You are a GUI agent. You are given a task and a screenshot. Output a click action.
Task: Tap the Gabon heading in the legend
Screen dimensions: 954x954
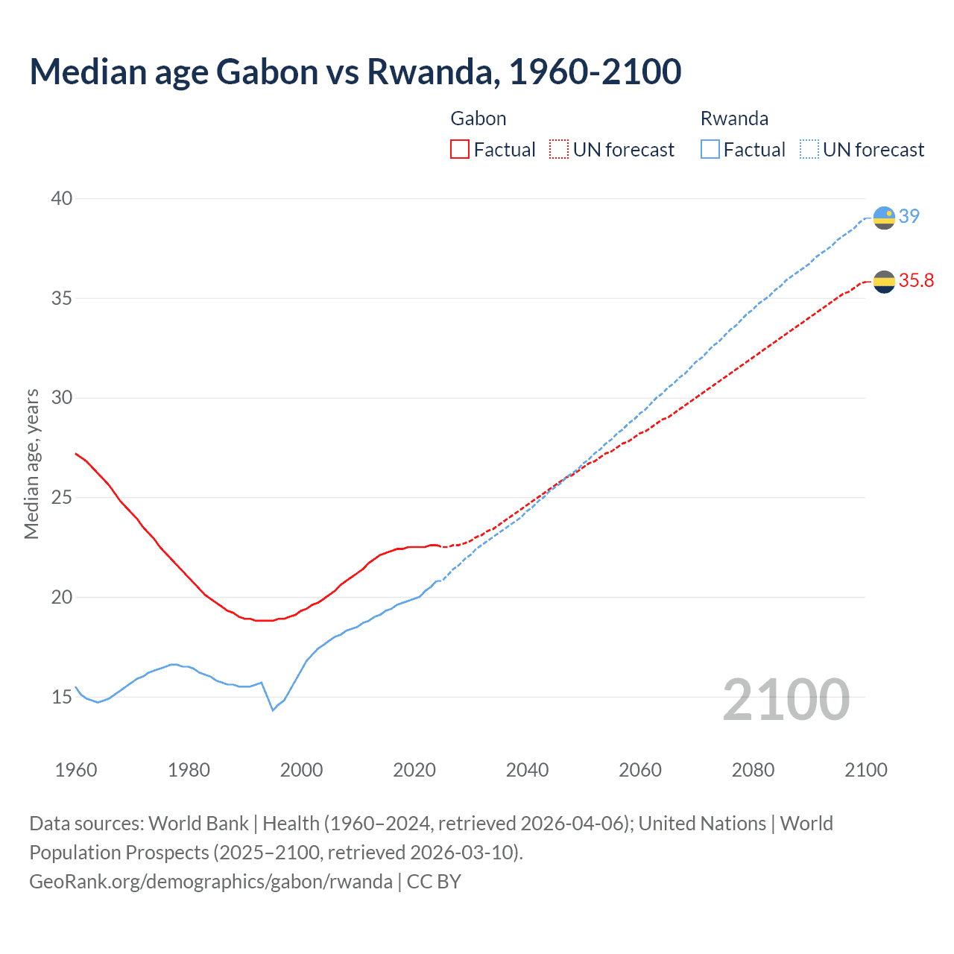[x=478, y=119]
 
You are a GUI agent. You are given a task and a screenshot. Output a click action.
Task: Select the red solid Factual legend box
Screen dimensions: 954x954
[x=460, y=150]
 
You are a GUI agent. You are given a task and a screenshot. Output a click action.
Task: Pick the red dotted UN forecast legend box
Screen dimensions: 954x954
[x=559, y=150]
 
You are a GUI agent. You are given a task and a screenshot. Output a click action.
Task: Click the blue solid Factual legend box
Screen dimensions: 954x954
[x=710, y=150]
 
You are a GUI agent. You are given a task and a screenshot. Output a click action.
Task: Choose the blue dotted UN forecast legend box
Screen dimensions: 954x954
[x=809, y=150]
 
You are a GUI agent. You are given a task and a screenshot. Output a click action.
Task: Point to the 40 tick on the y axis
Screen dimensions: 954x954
[x=62, y=198]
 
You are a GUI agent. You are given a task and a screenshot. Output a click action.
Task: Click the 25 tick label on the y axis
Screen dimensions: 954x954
[x=62, y=497]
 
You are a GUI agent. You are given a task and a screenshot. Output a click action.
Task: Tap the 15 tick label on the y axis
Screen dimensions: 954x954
[x=62, y=697]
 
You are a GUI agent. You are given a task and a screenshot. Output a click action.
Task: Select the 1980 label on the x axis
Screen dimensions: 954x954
[x=189, y=770]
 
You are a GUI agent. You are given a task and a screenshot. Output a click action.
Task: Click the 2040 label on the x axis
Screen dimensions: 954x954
[x=527, y=770]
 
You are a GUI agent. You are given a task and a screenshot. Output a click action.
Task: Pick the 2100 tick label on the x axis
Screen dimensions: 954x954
[x=865, y=770]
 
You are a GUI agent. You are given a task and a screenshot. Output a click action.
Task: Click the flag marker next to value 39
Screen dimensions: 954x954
[x=884, y=218]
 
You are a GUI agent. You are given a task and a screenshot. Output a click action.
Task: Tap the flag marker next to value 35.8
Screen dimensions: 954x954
[x=884, y=282]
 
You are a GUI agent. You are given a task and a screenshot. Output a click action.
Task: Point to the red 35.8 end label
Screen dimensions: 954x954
[x=916, y=281]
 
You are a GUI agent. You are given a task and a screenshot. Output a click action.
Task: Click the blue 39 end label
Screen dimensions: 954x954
[x=909, y=216]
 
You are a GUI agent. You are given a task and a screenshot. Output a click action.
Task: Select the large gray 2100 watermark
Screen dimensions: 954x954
[x=786, y=699]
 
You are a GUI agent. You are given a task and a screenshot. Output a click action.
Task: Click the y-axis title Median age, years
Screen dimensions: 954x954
[x=32, y=464]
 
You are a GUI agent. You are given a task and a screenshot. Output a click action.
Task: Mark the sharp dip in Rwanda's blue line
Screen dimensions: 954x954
[x=273, y=710]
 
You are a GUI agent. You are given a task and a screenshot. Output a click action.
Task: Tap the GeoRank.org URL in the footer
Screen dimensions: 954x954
[x=211, y=882]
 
